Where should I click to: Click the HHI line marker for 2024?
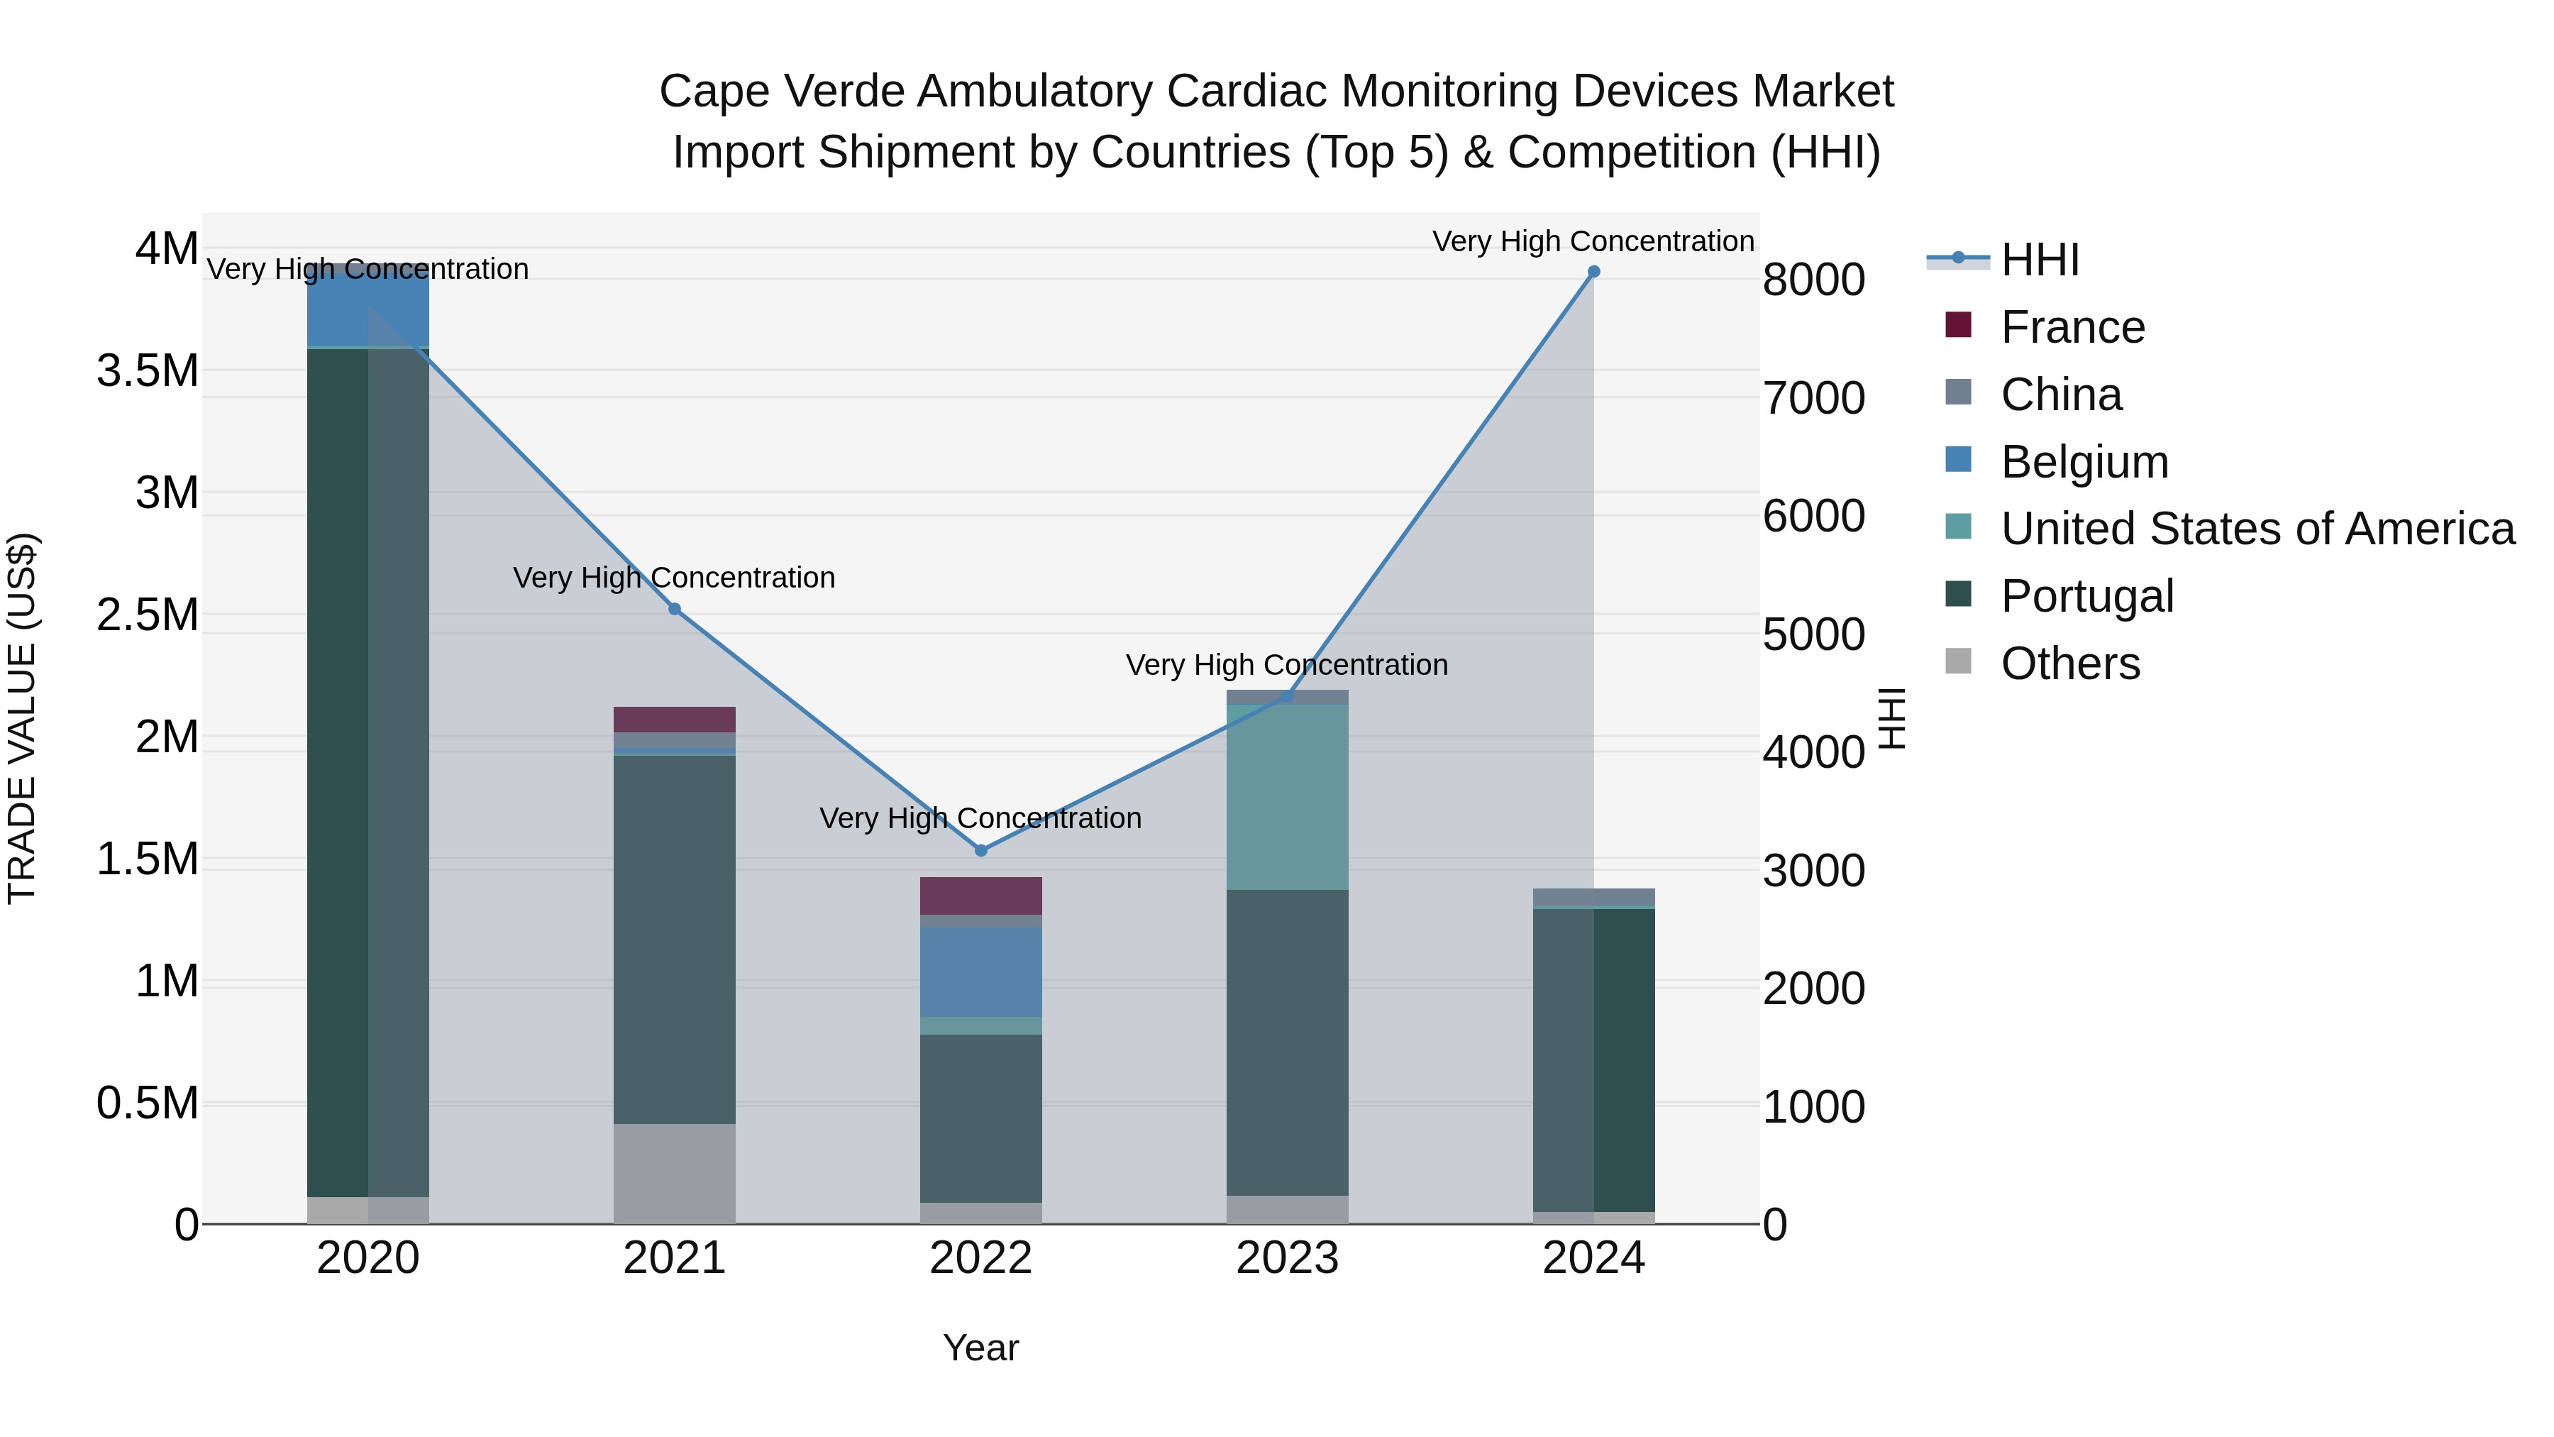pos(1593,272)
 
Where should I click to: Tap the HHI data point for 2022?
pos(980,850)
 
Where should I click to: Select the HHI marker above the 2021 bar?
pos(674,609)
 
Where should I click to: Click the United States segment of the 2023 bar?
pos(1287,798)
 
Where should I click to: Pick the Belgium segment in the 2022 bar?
pos(980,972)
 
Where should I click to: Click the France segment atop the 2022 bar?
pos(980,896)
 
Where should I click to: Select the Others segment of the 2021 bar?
pos(674,1173)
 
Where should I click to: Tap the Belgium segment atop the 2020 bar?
pos(367,307)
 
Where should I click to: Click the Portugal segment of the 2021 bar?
pos(674,938)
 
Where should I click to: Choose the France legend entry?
pos(2072,327)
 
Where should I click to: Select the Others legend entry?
pos(2069,664)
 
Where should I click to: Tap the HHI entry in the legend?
pos(2040,260)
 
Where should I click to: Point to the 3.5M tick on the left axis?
pos(148,371)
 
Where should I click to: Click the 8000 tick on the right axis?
pos(1813,280)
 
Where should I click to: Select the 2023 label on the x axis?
pos(1287,1258)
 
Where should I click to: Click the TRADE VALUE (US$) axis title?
pos(22,718)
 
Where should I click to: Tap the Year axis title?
pos(980,1348)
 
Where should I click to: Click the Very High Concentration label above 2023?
pos(1287,664)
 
